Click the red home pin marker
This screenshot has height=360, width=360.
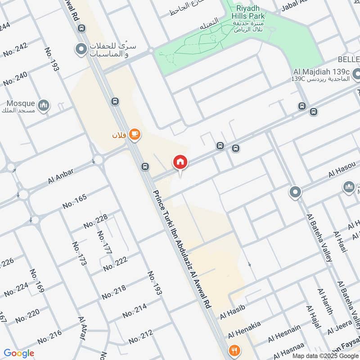pyautogui.click(x=180, y=162)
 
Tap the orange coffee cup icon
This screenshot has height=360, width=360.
pyautogui.click(x=134, y=134)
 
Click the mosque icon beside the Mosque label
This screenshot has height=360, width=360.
pyautogui.click(x=44, y=106)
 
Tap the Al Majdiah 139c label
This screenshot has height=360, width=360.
pyautogui.click(x=321, y=72)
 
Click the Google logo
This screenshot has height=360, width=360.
pyautogui.click(x=19, y=353)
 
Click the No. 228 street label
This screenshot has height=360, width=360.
pyautogui.click(x=95, y=221)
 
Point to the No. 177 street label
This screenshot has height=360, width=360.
pyautogui.click(x=104, y=242)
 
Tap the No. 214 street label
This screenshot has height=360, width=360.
pyautogui.click(x=135, y=310)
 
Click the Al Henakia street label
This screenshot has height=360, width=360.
pyautogui.click(x=244, y=330)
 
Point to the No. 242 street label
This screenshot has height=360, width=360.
pyautogui.click(x=15, y=50)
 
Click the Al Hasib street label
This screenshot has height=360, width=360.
pyautogui.click(x=232, y=311)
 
